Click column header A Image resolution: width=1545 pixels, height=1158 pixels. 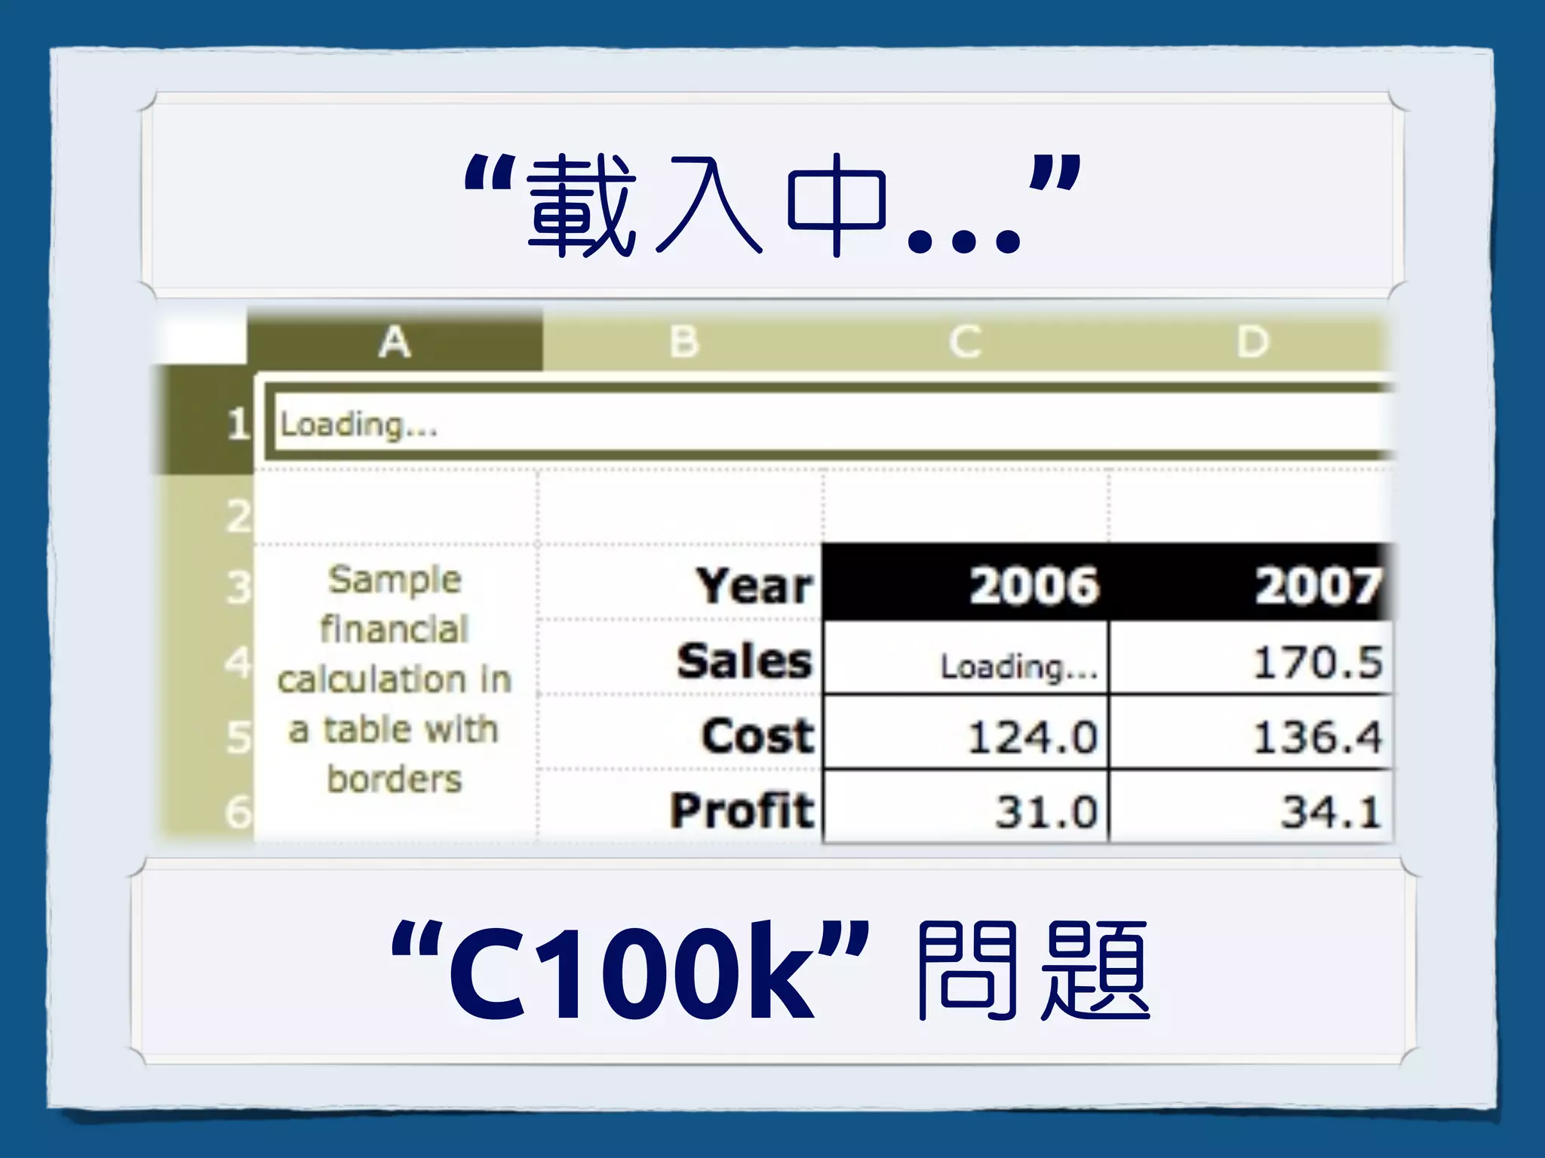[x=395, y=342]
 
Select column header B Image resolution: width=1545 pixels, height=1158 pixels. [x=684, y=342]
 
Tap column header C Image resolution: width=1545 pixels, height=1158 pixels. [x=965, y=342]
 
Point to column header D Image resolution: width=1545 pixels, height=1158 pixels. [x=1252, y=342]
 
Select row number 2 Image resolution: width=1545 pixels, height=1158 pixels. [x=238, y=516]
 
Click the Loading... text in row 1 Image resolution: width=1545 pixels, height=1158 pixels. [x=358, y=424]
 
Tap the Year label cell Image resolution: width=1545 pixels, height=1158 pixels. [x=754, y=586]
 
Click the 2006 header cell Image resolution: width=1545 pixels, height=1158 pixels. [x=1034, y=586]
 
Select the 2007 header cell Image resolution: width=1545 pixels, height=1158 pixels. [x=1317, y=586]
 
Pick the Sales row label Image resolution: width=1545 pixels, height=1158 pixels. [x=744, y=661]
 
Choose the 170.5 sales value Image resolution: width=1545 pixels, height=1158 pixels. [x=1317, y=663]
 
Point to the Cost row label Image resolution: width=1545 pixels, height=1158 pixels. [x=757, y=736]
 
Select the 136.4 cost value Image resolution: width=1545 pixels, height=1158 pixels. [x=1317, y=737]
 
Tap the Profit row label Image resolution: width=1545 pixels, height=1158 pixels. [x=742, y=810]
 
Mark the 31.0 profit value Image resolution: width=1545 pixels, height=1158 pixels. [x=1046, y=812]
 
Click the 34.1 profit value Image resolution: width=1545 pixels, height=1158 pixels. [x=1331, y=812]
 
